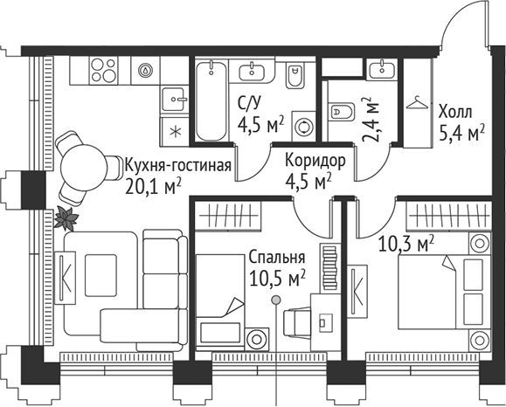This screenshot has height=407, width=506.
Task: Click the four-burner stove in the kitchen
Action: (x=101, y=68)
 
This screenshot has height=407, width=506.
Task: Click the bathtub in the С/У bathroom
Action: (x=211, y=104)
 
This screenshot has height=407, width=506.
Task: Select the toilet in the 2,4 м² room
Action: (x=341, y=112)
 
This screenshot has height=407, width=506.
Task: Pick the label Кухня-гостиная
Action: (x=177, y=165)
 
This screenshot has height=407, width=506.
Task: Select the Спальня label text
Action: (x=276, y=259)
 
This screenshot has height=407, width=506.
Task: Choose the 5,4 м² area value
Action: (x=461, y=133)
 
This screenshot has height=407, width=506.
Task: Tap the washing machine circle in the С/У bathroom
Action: (x=305, y=125)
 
